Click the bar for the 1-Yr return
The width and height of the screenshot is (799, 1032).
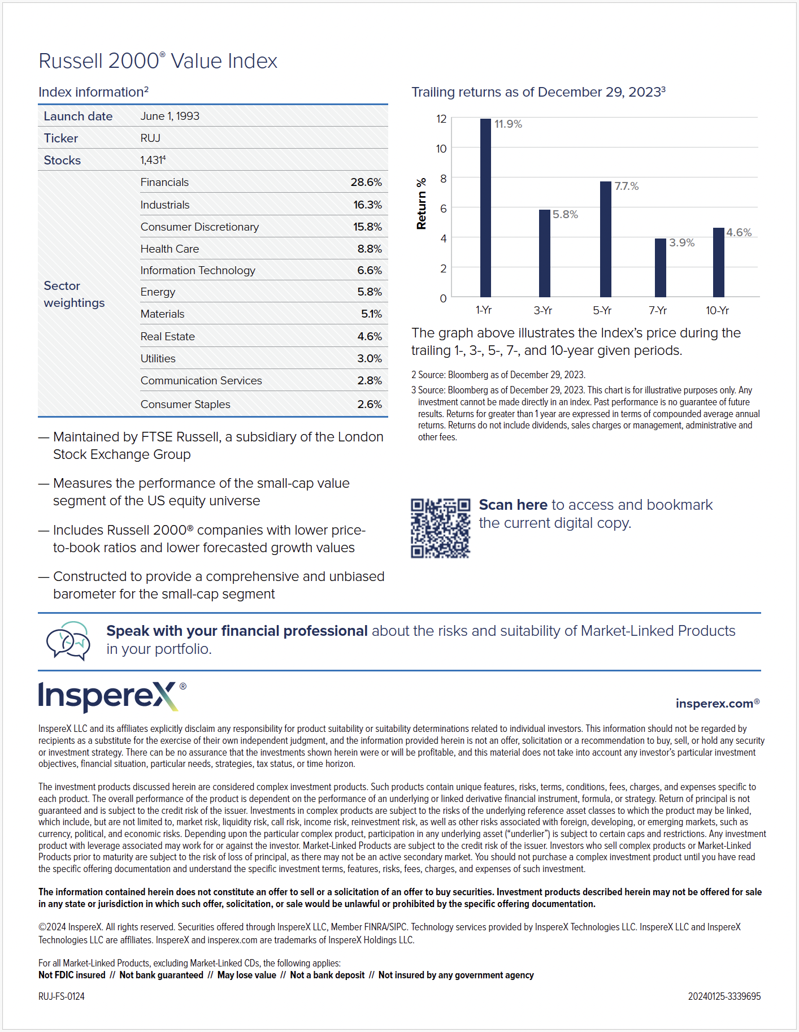pyautogui.click(x=485, y=207)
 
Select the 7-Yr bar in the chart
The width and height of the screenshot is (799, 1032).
pyautogui.click(x=660, y=267)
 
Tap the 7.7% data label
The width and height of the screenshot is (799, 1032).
pyautogui.click(x=626, y=186)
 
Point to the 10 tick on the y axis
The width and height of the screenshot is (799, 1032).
pyautogui.click(x=441, y=149)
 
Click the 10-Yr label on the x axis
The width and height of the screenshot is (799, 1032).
pyautogui.click(x=717, y=310)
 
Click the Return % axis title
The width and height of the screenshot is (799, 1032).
pyautogui.click(x=421, y=204)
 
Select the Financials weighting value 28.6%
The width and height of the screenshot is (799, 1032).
pyautogui.click(x=366, y=182)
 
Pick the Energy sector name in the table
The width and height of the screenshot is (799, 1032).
pyautogui.click(x=158, y=292)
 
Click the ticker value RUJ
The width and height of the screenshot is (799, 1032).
pyautogui.click(x=150, y=138)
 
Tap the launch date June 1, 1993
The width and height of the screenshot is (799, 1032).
pyautogui.click(x=170, y=116)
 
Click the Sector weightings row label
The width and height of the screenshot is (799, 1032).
pyautogui.click(x=74, y=294)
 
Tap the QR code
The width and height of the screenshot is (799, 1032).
pyautogui.click(x=440, y=528)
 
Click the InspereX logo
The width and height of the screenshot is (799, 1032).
pyautogui.click(x=108, y=696)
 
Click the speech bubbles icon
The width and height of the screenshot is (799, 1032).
pyautogui.click(x=68, y=640)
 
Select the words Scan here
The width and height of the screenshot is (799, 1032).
pyautogui.click(x=513, y=505)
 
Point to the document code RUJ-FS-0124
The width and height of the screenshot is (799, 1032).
pyautogui.click(x=62, y=996)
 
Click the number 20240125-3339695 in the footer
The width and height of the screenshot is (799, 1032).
pyautogui.click(x=724, y=996)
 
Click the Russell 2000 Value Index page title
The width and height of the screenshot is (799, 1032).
pyautogui.click(x=158, y=61)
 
